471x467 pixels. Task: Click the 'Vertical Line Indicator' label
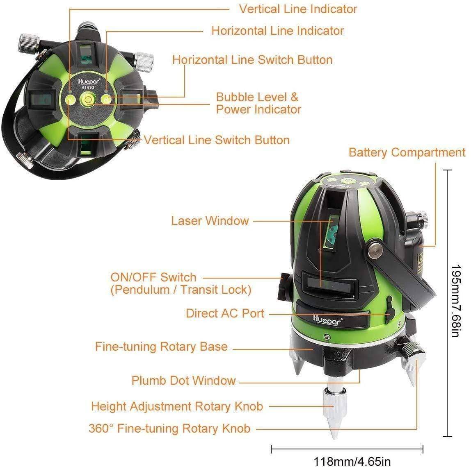click(298, 9)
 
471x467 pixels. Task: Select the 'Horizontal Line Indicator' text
click(277, 31)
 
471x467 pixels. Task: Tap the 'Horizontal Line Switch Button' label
click(252, 60)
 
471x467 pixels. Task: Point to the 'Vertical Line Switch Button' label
click(217, 140)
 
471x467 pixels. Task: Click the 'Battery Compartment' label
click(407, 152)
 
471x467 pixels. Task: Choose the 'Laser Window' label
click(210, 221)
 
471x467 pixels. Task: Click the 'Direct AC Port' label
click(225, 313)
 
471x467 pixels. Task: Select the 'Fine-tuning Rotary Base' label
click(161, 347)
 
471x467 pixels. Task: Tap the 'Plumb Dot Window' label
click(183, 380)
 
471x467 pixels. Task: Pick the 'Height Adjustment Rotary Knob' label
click(177, 406)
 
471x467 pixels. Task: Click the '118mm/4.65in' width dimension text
click(352, 461)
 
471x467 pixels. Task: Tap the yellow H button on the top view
click(106, 99)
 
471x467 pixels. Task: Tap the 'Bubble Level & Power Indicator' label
click(258, 103)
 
